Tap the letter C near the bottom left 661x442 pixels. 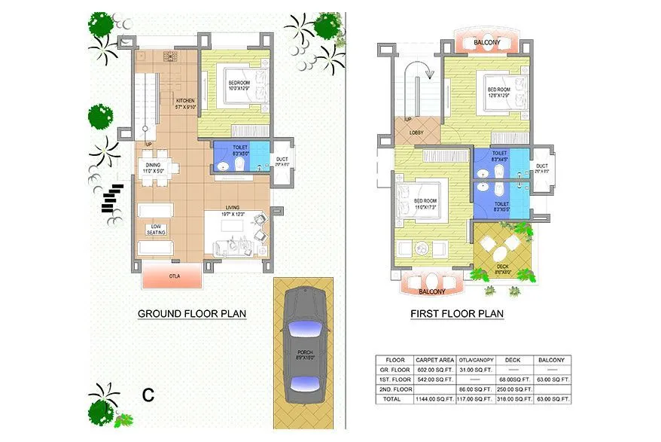[x=148, y=395]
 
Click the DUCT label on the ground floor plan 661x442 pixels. [x=282, y=159]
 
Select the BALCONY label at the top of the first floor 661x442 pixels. [x=486, y=43]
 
